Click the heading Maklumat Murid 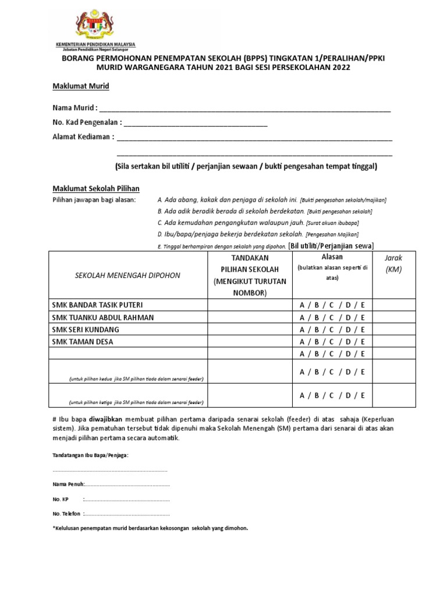81,86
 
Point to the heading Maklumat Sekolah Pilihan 96,188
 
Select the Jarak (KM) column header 393,263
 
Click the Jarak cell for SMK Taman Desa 393,342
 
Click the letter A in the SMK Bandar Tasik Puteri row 302,305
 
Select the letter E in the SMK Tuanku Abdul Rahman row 362,318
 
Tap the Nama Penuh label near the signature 68,484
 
